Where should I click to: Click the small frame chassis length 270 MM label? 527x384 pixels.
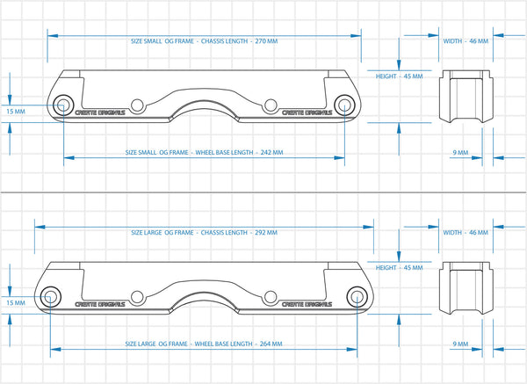coord(204,41)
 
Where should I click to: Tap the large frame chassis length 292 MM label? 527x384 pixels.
coord(204,233)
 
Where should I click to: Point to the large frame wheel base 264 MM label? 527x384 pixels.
coord(204,344)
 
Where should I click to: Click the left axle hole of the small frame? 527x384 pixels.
coord(63,106)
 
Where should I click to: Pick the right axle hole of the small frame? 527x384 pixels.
coord(343,106)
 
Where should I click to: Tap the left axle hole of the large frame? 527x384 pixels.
coord(50,296)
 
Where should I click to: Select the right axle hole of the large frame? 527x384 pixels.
coord(357,296)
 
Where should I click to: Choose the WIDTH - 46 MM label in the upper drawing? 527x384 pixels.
coord(465,41)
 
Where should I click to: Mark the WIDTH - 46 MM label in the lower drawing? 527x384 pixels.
coord(465,233)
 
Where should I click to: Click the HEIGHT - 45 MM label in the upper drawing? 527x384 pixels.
coord(399,76)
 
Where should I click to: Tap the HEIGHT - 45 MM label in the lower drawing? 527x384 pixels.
coord(399,267)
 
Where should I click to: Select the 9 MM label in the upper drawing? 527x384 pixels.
coord(459,153)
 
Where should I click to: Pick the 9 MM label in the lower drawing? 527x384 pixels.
coord(459,344)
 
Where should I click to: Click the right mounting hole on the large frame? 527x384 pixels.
coord(270,296)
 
